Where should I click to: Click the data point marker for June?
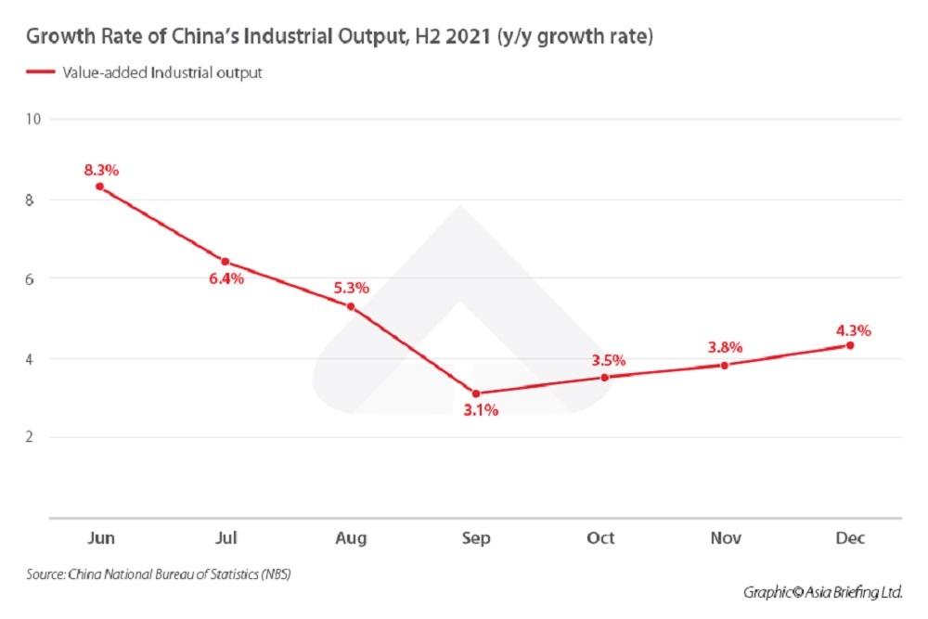pyautogui.click(x=100, y=187)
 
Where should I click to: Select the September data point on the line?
pyautogui.click(x=476, y=393)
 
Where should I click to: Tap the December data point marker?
pyautogui.click(x=849, y=345)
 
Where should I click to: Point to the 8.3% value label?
pyautogui.click(x=100, y=170)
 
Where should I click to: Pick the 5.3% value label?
pyautogui.click(x=351, y=288)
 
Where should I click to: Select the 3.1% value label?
pyautogui.click(x=480, y=410)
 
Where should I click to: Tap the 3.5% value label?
pyautogui.click(x=609, y=360)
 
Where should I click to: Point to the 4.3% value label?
pyautogui.click(x=853, y=329)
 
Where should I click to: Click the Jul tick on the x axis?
pyautogui.click(x=226, y=538)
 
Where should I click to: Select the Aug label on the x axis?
pyautogui.click(x=351, y=538)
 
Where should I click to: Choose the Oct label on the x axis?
pyautogui.click(x=600, y=538)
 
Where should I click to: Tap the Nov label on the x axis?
pyautogui.click(x=725, y=538)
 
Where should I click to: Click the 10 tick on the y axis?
pyautogui.click(x=34, y=119)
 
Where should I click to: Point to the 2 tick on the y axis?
pyautogui.click(x=30, y=437)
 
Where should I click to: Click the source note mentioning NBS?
pyautogui.click(x=159, y=575)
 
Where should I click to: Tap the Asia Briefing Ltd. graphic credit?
pyautogui.click(x=822, y=592)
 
